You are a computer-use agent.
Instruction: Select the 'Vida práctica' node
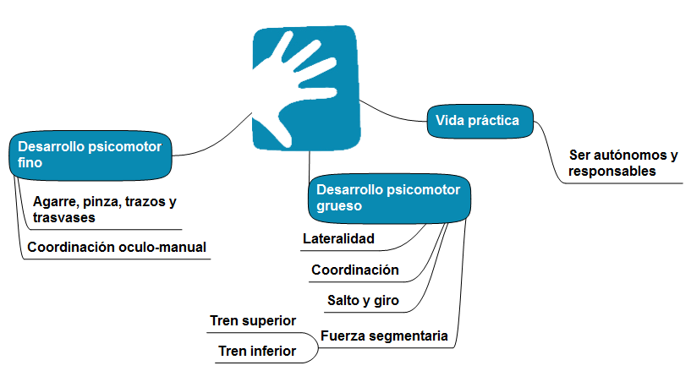pos(483,121)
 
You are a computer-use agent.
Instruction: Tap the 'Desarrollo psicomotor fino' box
pos(91,155)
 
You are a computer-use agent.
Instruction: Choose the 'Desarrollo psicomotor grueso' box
pos(388,196)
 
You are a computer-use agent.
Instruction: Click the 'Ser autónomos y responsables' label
pos(623,163)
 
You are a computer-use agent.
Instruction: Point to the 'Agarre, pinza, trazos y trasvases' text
pos(104,210)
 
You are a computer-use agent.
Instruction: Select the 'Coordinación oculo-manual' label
pos(117,248)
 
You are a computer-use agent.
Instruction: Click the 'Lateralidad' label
pos(338,238)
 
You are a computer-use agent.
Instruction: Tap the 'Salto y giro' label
pos(363,300)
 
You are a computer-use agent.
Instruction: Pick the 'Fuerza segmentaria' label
pos(384,336)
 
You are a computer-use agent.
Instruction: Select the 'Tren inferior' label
pos(257,351)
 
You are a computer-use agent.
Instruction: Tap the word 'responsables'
pos(611,171)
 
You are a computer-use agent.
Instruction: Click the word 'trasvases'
pos(63,217)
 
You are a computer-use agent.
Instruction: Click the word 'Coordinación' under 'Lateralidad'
pos(354,270)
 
